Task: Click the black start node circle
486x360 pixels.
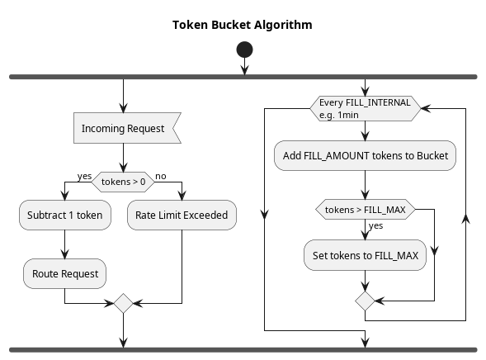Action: click(x=244, y=50)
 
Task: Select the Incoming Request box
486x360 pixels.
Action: click(x=127, y=128)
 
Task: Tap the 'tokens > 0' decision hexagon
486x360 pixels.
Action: click(x=123, y=182)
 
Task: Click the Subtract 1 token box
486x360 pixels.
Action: click(x=65, y=215)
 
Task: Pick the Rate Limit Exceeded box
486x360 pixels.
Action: click(x=182, y=215)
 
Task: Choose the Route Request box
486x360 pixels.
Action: click(x=65, y=273)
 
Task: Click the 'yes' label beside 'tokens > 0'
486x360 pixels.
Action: click(x=84, y=177)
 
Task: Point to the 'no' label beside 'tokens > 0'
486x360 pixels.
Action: click(x=161, y=176)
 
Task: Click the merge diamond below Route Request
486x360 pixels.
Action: click(x=124, y=303)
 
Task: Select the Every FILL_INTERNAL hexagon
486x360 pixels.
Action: click(x=366, y=108)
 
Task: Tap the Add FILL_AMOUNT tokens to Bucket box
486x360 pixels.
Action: click(x=366, y=156)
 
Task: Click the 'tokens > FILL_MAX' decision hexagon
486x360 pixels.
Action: click(x=366, y=209)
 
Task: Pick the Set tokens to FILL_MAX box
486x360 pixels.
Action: click(x=366, y=255)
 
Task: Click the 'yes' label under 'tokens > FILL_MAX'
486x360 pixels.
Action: click(x=375, y=225)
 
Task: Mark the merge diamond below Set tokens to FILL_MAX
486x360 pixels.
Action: click(x=366, y=301)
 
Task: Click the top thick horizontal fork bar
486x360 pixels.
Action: click(x=243, y=77)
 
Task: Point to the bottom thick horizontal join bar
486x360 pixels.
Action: click(x=243, y=350)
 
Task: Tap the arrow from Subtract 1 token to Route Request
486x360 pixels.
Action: click(x=65, y=244)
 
